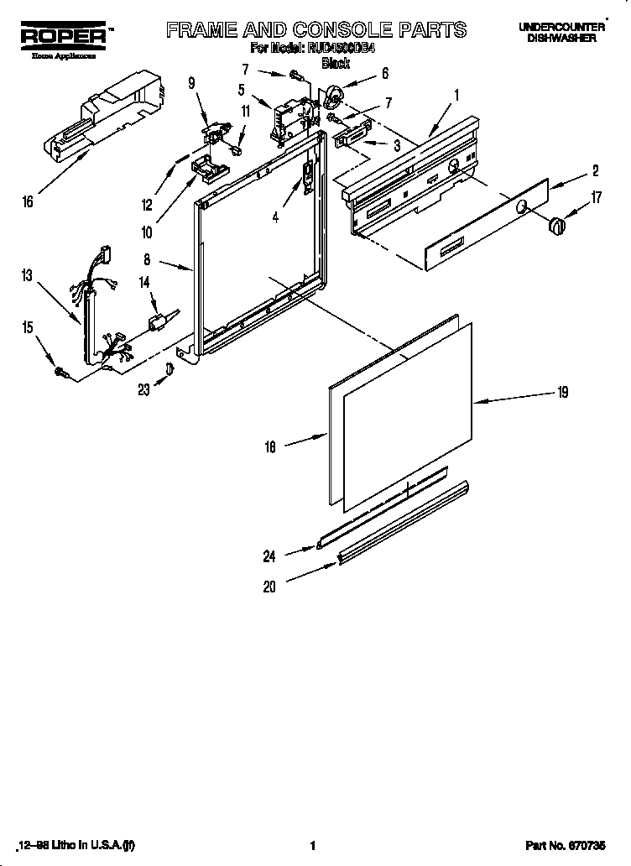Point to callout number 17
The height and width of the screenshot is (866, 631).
(597, 199)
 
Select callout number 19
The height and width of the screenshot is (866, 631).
(563, 391)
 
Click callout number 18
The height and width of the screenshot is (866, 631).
(270, 449)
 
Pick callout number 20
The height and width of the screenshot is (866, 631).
(269, 587)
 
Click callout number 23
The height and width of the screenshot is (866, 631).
(143, 389)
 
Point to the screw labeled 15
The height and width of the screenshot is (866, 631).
(60, 370)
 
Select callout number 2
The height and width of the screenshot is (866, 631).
(595, 172)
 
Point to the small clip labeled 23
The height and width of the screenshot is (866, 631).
(170, 369)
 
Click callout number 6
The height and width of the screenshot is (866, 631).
(384, 73)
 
